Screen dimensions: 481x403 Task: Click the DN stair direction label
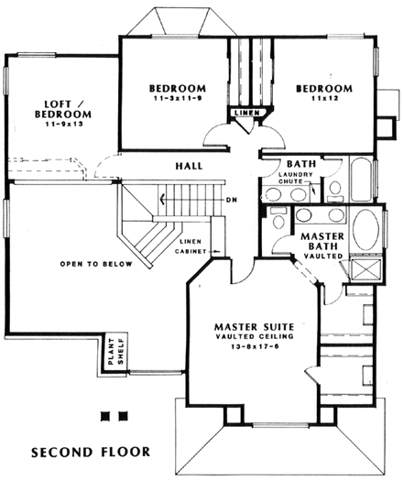point(231,198)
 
